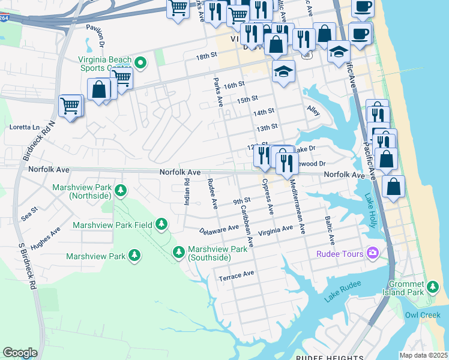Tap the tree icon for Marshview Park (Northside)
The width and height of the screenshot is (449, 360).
click(x=121, y=191)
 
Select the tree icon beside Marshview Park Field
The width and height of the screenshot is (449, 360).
click(x=161, y=224)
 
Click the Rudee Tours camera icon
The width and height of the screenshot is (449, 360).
click(x=373, y=254)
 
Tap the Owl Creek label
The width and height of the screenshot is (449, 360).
click(x=423, y=314)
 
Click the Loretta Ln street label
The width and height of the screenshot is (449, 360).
click(x=24, y=128)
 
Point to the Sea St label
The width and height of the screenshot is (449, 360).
click(x=29, y=211)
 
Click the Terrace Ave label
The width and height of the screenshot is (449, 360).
click(x=236, y=275)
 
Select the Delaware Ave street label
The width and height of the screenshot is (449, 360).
click(x=220, y=230)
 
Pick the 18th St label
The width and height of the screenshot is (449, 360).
click(x=205, y=56)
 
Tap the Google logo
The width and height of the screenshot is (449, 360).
click(x=20, y=353)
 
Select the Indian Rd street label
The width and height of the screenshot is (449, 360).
click(x=187, y=192)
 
